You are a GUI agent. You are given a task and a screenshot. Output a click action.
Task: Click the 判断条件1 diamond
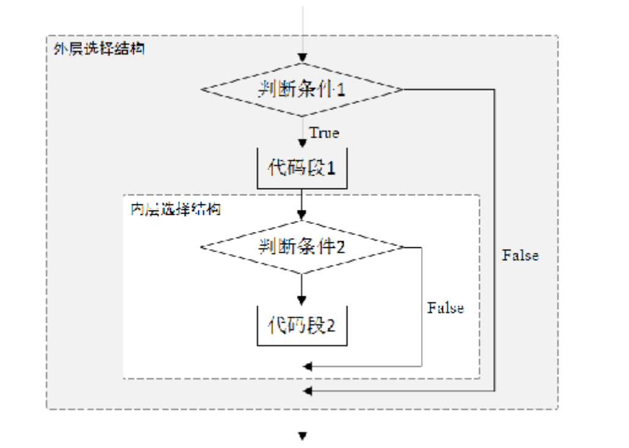click(302, 89)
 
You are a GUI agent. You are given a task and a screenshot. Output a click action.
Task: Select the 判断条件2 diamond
click(302, 247)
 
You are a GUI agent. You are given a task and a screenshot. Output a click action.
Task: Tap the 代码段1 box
click(302, 168)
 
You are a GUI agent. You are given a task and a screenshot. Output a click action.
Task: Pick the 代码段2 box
click(302, 325)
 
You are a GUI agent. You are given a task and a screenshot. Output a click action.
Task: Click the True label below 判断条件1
click(324, 133)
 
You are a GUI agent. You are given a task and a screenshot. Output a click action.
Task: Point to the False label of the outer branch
click(521, 255)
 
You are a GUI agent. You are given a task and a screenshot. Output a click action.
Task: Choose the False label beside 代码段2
click(445, 308)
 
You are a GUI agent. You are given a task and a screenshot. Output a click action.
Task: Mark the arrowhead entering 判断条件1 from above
click(302, 59)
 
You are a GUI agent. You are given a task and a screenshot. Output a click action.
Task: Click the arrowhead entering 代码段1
click(302, 143)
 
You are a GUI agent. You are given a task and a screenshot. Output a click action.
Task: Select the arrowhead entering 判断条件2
click(302, 215)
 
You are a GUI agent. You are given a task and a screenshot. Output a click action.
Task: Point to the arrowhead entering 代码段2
click(302, 301)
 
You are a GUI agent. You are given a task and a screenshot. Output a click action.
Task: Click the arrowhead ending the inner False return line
click(308, 366)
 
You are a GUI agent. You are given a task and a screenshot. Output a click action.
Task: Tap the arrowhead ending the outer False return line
click(308, 390)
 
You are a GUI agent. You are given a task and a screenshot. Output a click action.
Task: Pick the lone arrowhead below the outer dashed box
click(302, 436)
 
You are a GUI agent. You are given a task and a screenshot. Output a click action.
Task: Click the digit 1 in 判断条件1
click(341, 90)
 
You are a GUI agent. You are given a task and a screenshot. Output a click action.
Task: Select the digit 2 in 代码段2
click(331, 326)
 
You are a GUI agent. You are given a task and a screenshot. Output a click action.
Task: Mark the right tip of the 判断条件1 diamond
click(402, 89)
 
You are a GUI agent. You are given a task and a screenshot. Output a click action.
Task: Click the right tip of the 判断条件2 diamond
click(403, 247)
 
